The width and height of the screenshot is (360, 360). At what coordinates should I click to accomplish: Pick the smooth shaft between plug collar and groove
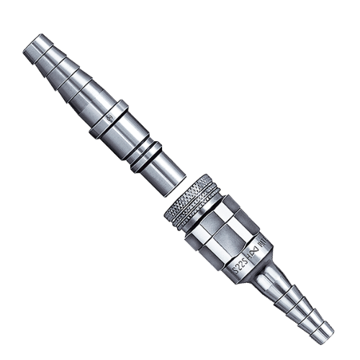coord(130,138)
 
